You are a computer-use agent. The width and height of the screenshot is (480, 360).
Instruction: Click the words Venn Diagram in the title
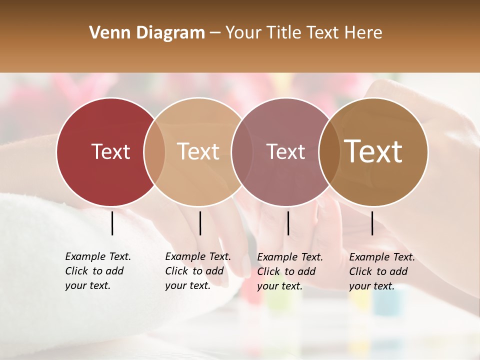click(147, 33)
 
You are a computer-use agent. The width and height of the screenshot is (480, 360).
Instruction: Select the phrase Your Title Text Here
click(303, 33)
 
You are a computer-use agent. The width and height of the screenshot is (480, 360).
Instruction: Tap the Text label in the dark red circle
click(110, 151)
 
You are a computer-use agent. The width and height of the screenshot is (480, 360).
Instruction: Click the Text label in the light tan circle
click(198, 151)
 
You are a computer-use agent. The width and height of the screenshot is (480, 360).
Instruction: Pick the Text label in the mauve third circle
click(285, 151)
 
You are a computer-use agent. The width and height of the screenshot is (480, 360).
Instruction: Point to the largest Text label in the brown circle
click(373, 151)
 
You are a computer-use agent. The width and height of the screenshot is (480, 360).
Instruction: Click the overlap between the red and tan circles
click(154, 151)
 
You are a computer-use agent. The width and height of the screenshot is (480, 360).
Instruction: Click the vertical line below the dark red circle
click(112, 223)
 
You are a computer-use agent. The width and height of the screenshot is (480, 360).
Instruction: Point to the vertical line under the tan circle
click(200, 223)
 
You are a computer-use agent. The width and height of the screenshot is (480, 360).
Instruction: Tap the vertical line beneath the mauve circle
click(288, 223)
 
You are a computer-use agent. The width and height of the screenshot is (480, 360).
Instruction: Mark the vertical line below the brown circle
click(372, 223)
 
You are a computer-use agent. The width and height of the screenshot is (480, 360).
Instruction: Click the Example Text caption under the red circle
click(97, 271)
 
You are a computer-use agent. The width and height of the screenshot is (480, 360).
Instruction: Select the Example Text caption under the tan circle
click(197, 271)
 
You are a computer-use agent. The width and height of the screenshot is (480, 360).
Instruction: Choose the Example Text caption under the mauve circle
click(289, 271)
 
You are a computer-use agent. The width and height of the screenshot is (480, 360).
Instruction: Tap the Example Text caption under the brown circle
click(381, 271)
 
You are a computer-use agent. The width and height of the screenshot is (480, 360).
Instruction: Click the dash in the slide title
click(215, 33)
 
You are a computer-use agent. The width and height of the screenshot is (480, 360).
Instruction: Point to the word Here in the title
click(365, 33)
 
